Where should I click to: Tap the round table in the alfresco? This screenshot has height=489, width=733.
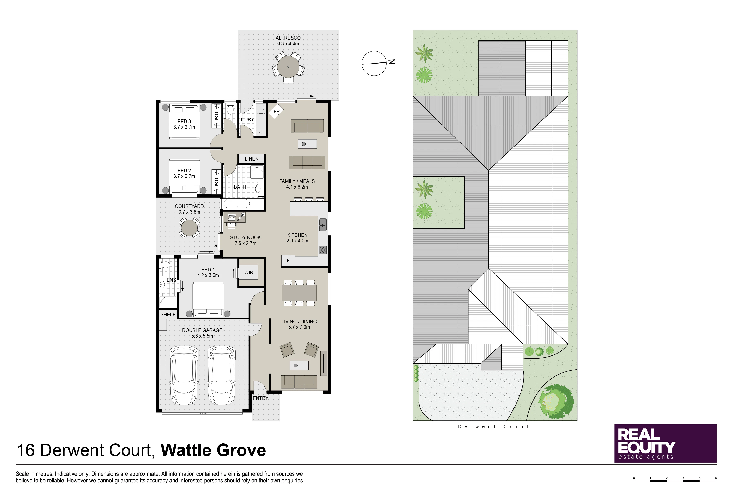288,67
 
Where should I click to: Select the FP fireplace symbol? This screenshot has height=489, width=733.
276,111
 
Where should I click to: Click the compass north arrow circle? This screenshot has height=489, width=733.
374,63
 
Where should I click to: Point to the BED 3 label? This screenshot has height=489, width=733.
184,121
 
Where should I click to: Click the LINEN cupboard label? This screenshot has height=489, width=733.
252,159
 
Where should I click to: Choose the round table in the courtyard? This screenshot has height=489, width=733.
189,228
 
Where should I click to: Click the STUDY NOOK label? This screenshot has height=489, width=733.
245,238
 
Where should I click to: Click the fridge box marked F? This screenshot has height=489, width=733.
288,261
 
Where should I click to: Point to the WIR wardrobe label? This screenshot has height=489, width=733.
249,273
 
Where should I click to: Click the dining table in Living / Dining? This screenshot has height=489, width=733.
299,293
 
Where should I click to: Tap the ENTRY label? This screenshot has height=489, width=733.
260,398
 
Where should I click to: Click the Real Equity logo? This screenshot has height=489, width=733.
665,443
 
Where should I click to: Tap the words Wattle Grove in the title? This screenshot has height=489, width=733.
214,450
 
